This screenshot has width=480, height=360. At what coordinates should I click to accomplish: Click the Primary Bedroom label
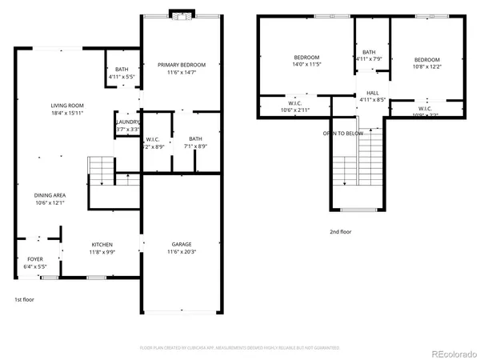[x=182, y=65]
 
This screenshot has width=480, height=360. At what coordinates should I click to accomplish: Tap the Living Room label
[x=68, y=106]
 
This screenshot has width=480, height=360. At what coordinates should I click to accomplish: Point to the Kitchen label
[x=102, y=244]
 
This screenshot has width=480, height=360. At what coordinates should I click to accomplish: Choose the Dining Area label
[x=50, y=195]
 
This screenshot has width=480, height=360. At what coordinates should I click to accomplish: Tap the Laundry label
[x=128, y=122]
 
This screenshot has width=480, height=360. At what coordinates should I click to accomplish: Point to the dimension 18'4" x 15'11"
[x=68, y=113]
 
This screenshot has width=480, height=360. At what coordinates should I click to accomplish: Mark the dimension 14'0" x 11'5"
[x=306, y=65]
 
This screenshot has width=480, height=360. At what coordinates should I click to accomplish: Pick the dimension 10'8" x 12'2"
[x=426, y=67]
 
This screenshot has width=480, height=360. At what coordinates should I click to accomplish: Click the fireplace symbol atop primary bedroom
[x=182, y=14]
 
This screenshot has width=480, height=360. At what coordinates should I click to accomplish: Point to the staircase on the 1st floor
[x=102, y=170]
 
